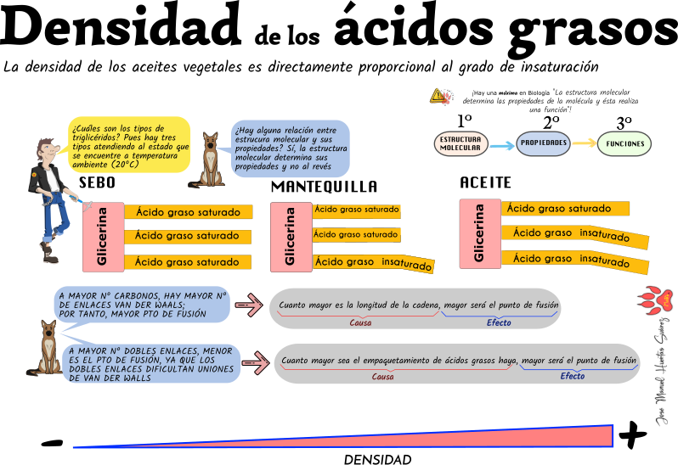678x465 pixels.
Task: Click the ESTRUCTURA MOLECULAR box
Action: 461,144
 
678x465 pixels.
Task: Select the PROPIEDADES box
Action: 543,143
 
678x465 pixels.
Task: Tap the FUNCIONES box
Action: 624,144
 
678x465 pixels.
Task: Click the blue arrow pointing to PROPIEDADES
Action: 503,145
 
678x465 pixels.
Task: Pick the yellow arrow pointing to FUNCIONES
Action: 584,143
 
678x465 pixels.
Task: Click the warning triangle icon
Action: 439,96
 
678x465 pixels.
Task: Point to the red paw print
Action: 655,299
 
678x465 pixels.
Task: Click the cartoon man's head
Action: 47,152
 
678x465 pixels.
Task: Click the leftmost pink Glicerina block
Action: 103,237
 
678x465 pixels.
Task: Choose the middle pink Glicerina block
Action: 291,237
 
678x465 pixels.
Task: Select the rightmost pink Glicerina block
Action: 480,233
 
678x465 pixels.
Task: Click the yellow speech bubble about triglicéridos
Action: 129,144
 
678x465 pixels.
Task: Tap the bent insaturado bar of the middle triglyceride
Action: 374,263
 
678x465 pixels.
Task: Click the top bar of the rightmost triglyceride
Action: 566,209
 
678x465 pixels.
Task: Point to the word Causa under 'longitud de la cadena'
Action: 360,322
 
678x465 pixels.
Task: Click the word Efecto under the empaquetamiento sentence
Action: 572,376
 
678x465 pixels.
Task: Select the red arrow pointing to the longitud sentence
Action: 248,305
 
